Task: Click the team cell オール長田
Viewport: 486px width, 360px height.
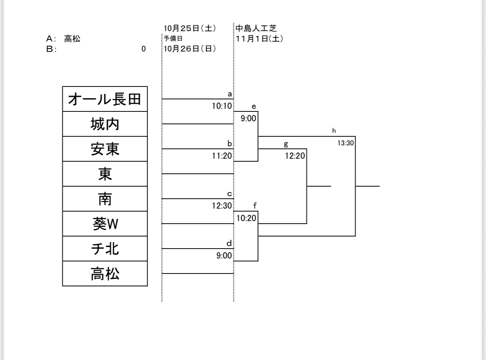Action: [105, 99]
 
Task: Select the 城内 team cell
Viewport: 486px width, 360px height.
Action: [105, 124]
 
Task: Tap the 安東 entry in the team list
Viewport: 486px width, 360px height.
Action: [105, 149]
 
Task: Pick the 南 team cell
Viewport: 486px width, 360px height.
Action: [105, 199]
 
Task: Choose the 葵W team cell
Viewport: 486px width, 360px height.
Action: [105, 224]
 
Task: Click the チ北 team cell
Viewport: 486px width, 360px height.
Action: [105, 249]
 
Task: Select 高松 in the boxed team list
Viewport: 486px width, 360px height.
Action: [105, 274]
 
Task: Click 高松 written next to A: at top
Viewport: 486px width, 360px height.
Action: [72, 39]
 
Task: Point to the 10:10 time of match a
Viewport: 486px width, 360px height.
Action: [222, 106]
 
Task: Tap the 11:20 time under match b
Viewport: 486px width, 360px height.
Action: [222, 156]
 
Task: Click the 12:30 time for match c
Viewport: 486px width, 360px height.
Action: [222, 206]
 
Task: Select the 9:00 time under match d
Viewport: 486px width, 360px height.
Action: [224, 256]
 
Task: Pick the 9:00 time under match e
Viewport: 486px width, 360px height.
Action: [248, 118]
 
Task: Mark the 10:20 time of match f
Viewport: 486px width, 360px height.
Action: [247, 218]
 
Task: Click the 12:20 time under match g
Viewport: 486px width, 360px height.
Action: [295, 156]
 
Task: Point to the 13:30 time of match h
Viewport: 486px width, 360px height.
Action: [345, 143]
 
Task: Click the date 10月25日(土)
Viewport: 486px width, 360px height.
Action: [189, 28]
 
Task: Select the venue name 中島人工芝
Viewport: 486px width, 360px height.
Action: [256, 28]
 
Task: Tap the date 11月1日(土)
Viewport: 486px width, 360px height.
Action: [260, 39]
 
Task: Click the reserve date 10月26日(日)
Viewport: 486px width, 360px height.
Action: [189, 49]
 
